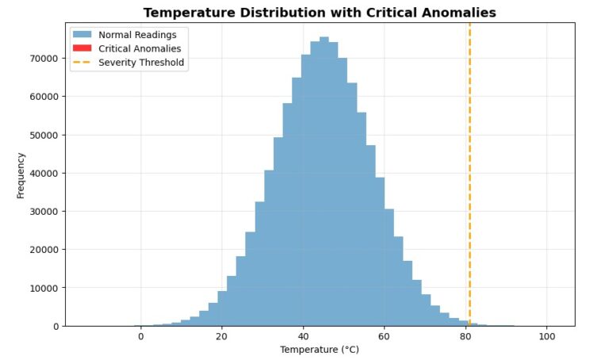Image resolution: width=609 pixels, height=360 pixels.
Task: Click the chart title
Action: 320,13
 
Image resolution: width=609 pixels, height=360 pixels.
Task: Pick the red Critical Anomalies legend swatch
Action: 82,49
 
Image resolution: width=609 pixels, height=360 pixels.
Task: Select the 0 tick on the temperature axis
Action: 141,335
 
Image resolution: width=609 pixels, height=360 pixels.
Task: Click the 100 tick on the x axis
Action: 546,335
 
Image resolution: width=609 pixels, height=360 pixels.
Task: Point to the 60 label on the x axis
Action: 384,335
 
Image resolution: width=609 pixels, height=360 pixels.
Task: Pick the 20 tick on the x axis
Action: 222,335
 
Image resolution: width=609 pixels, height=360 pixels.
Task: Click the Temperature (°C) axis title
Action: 320,350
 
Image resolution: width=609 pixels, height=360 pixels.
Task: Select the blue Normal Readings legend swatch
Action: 82,35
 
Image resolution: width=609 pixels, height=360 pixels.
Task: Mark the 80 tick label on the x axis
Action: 465,335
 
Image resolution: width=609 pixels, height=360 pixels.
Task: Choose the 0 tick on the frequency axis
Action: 55,326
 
